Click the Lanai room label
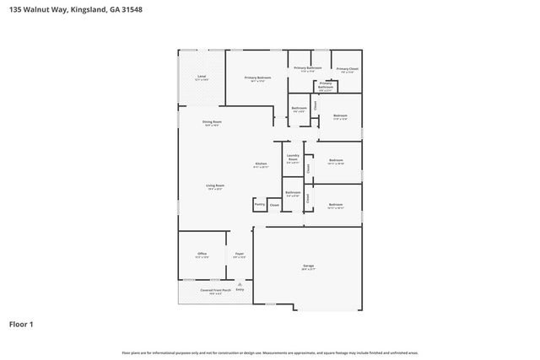tap(202, 77)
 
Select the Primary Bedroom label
tap(256, 78)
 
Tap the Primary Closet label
tap(347, 69)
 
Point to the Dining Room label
tap(212, 122)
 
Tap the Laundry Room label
tap(293, 157)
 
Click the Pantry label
tap(259, 204)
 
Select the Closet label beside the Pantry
tap(274, 205)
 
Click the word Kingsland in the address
tap(94, 9)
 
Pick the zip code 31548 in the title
tap(152, 9)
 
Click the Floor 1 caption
tap(21, 324)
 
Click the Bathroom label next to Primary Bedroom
tap(299, 108)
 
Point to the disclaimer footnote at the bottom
tap(269, 352)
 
